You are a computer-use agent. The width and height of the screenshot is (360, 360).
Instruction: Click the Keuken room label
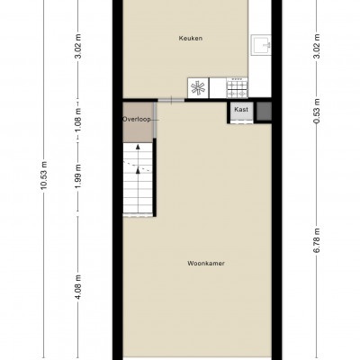click(x=191, y=39)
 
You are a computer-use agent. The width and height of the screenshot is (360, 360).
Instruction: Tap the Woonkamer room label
click(x=206, y=264)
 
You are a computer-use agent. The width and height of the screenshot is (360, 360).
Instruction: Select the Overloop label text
click(x=137, y=119)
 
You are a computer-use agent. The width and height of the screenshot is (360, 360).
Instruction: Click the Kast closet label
click(x=241, y=110)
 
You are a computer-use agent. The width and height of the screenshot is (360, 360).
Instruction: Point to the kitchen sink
click(x=261, y=45)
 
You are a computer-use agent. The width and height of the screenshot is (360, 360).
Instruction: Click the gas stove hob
click(x=238, y=87)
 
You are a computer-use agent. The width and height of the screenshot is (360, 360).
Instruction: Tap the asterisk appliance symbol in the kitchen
click(x=198, y=88)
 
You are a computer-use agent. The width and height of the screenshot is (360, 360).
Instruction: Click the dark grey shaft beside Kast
click(x=264, y=111)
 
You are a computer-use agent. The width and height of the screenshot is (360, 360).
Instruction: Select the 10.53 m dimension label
click(x=44, y=175)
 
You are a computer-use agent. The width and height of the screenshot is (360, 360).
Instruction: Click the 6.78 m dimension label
click(x=317, y=240)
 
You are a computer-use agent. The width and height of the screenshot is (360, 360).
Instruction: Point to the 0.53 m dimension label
click(x=317, y=111)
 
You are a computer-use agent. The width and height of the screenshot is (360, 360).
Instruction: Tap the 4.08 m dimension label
click(x=78, y=287)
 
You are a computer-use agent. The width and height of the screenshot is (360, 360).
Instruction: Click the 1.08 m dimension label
click(x=78, y=120)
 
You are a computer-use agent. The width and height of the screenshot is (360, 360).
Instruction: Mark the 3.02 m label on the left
click(x=78, y=47)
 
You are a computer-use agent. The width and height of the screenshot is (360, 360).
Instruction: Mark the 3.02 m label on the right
click(x=317, y=47)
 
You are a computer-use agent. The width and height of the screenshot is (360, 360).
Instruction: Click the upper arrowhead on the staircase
click(x=138, y=147)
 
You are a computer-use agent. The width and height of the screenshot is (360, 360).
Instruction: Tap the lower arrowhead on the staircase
click(x=138, y=170)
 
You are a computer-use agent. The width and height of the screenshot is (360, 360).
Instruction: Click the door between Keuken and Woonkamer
click(x=171, y=101)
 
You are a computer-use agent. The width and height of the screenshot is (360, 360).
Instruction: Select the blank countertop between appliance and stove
click(x=218, y=87)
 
